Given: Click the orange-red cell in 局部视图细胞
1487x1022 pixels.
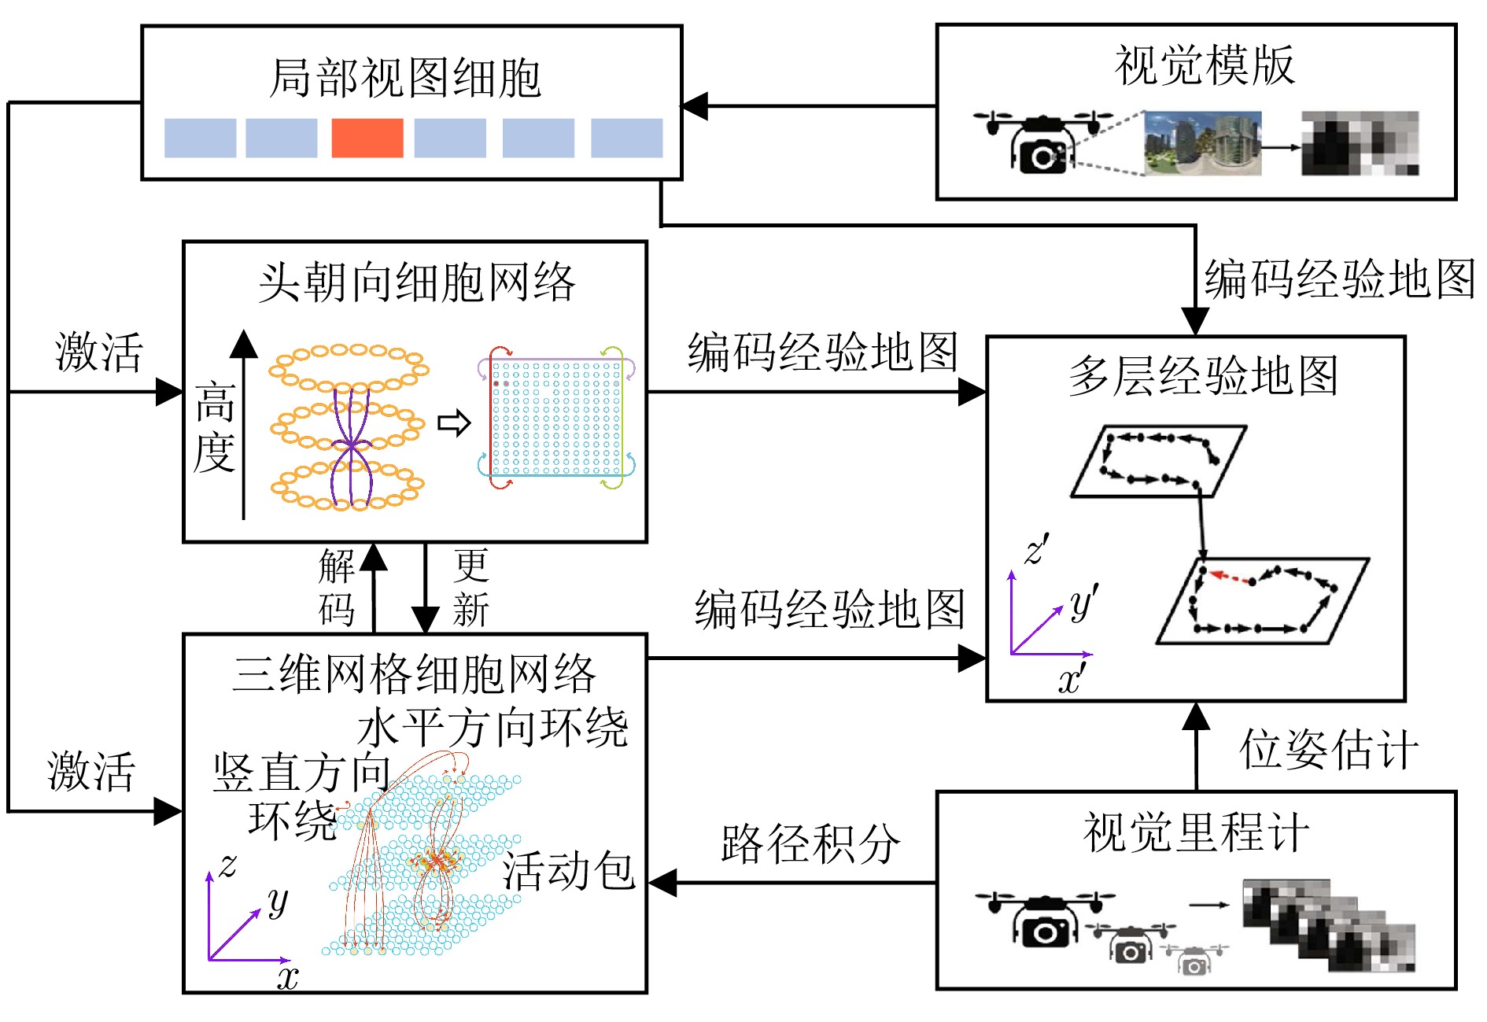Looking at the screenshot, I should (367, 138).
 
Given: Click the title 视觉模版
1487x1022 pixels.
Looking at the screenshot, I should (1204, 65).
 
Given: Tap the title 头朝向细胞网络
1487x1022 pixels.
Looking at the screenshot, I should (417, 283).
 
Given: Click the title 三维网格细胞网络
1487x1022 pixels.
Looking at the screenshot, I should (415, 674).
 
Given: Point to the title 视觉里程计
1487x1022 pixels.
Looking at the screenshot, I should (1196, 832).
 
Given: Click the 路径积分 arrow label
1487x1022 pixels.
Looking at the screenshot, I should (810, 844).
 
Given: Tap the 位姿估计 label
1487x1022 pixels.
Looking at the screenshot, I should (1330, 749).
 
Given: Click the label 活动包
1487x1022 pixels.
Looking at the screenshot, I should (569, 871).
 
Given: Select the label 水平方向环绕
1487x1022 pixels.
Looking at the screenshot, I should (493, 728).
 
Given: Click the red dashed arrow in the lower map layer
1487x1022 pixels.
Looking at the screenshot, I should (1231, 577).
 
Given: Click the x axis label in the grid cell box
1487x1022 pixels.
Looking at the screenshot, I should (288, 978).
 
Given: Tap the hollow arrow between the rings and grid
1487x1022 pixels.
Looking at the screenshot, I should (454, 423).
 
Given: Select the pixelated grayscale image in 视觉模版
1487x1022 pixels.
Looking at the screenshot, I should (1360, 143).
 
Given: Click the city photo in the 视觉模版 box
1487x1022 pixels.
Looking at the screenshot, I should (1202, 143).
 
